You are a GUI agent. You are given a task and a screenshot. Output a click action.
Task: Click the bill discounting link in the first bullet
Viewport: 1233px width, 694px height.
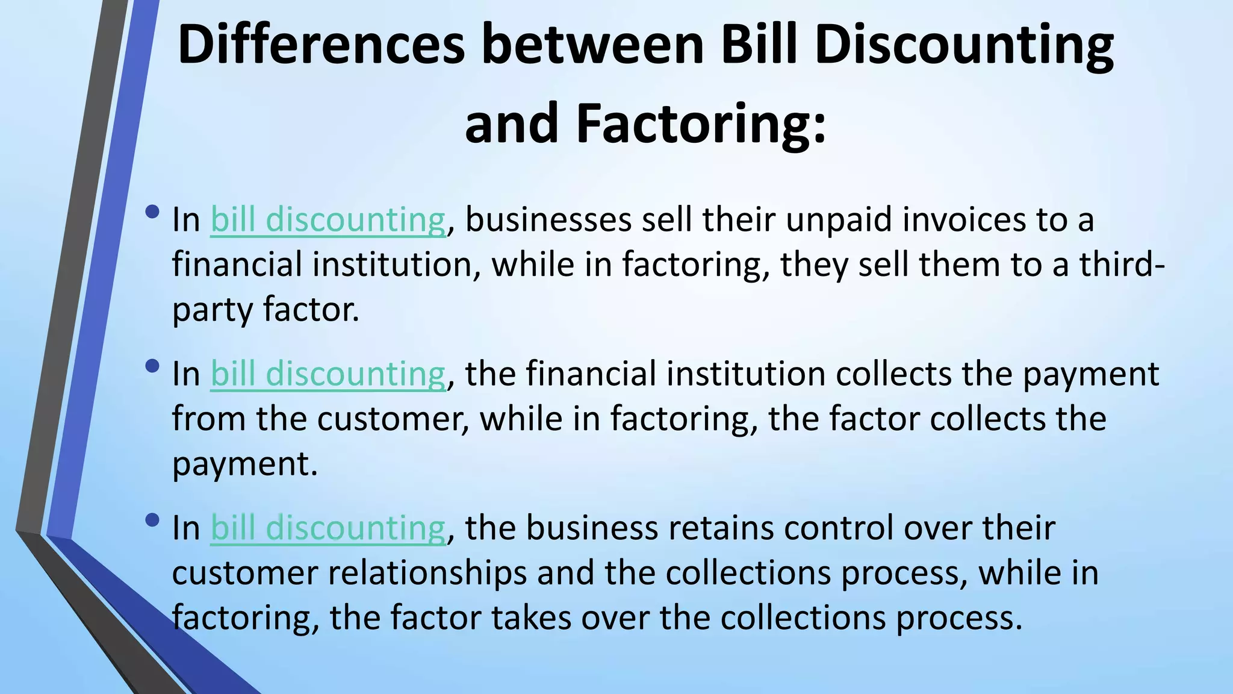tap(328, 219)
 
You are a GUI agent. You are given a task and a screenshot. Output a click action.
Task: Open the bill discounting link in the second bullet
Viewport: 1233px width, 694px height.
tap(328, 374)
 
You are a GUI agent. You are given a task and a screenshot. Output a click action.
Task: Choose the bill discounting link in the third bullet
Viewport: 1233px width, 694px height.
tap(328, 528)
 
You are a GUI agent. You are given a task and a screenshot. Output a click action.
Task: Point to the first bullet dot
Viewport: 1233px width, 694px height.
tap(152, 212)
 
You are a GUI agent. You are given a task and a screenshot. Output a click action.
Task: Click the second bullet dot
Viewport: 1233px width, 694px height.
tap(152, 366)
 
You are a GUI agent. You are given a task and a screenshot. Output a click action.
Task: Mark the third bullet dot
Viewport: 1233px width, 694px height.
tap(152, 520)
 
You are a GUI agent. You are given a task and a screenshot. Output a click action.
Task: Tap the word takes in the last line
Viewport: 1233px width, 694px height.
tap(531, 618)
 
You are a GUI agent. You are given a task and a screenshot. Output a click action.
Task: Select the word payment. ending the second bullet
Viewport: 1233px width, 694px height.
tap(244, 465)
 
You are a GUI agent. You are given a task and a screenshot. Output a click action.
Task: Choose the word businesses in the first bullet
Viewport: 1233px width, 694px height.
tap(548, 219)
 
